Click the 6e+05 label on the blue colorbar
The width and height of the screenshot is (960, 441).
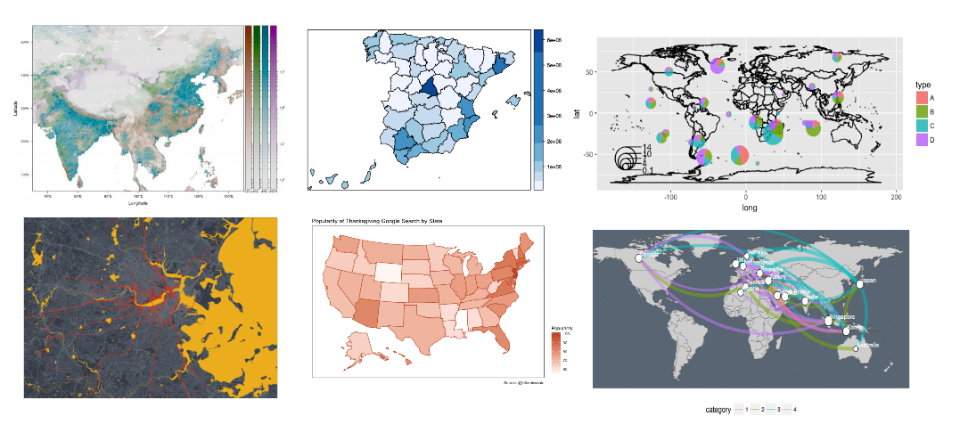point(553,40)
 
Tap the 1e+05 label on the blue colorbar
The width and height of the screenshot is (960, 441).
point(553,167)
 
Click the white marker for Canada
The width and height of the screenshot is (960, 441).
point(638,257)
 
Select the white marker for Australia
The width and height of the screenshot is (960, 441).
point(856,348)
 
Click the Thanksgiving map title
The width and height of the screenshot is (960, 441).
point(378,220)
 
